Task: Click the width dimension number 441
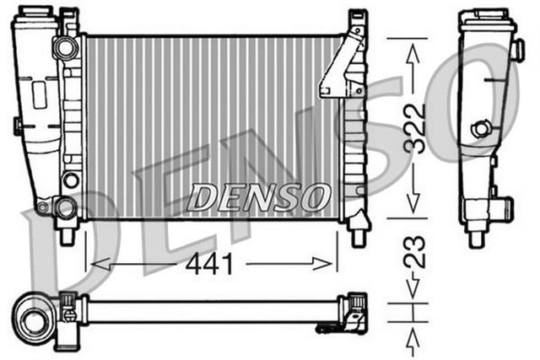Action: coord(209,265)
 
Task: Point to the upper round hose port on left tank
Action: coord(64,48)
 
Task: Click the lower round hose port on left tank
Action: coord(63,205)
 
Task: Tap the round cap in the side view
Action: coord(482,129)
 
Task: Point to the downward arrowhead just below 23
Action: coord(413,292)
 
